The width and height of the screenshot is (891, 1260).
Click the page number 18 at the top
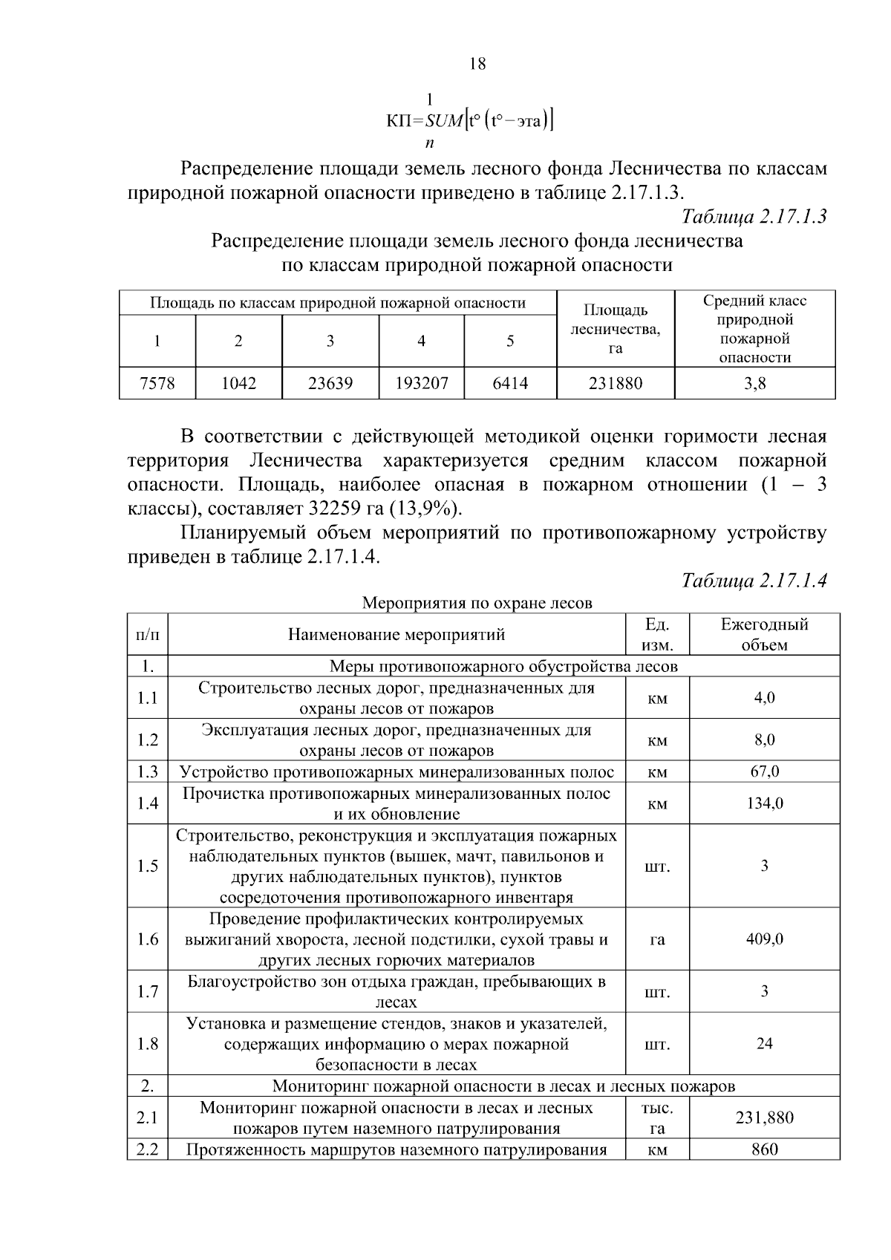[x=478, y=64]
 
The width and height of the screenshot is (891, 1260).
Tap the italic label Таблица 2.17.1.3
[x=754, y=216]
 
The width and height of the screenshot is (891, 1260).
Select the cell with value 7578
[x=157, y=383]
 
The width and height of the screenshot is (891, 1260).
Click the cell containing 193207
[x=421, y=383]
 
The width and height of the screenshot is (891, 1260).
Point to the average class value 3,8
[x=754, y=383]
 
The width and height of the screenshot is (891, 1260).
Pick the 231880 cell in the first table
[x=615, y=383]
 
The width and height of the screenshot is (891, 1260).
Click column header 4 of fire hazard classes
[x=421, y=341]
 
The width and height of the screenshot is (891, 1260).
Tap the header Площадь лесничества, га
[x=615, y=328]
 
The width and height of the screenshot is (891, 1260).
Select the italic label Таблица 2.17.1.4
[x=754, y=580]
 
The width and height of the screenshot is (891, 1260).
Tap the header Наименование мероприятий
[x=396, y=634]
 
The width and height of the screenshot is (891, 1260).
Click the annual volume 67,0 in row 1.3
[x=764, y=771]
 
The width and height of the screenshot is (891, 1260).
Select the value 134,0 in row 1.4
[x=764, y=803]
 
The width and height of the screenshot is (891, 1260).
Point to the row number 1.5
[x=148, y=866]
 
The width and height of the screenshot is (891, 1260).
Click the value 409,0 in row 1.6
[x=764, y=939]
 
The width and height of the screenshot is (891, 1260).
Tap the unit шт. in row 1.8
[x=657, y=1044]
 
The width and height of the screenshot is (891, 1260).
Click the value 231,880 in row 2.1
[x=764, y=1117]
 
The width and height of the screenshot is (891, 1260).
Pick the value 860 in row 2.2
[x=764, y=1149]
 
